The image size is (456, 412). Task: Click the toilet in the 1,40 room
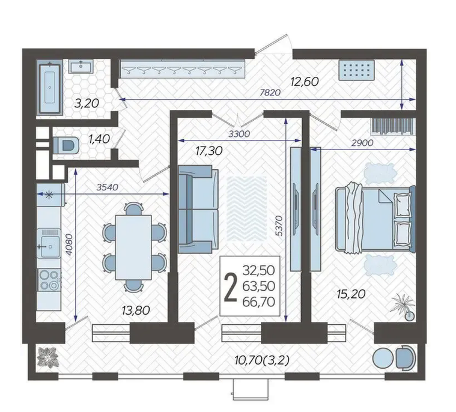66,145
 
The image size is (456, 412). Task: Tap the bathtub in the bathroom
50,88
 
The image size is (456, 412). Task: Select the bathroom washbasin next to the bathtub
81,66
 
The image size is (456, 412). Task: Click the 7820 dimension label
270,92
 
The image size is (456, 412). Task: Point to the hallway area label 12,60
304,82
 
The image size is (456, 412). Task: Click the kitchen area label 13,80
136,311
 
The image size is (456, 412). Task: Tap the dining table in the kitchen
133,247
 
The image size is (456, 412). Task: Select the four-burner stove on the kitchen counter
49,280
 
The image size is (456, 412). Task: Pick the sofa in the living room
198,210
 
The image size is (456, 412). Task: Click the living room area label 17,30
209,151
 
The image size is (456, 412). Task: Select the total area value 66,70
259,302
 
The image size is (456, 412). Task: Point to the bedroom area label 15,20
351,294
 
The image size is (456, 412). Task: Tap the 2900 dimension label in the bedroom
362,143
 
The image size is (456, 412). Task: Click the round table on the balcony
383,359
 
